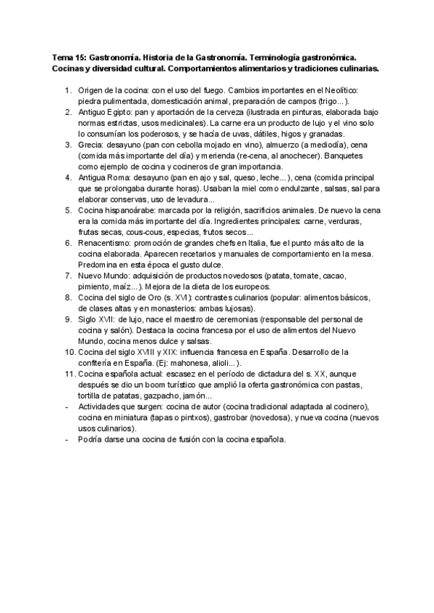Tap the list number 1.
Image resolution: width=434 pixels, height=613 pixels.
[x=67, y=90]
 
